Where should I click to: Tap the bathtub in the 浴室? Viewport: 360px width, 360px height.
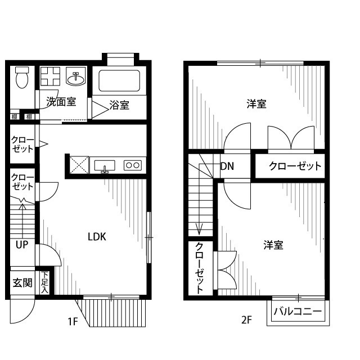pyautogui.click(x=119, y=81)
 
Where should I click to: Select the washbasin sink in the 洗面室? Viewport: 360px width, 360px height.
pyautogui.click(x=75, y=78)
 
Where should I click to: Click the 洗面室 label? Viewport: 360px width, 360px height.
pyautogui.click(x=61, y=102)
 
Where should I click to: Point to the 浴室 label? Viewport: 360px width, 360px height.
pyautogui.click(x=119, y=105)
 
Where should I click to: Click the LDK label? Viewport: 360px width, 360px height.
pyautogui.click(x=97, y=237)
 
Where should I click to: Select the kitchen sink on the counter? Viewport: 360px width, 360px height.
pyautogui.click(x=104, y=165)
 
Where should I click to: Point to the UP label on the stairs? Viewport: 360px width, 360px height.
pyautogui.click(x=22, y=245)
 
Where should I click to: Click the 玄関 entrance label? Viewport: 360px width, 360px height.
pyautogui.click(x=22, y=282)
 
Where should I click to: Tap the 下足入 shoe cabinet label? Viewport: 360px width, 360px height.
pyautogui.click(x=44, y=282)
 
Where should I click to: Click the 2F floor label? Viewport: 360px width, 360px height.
pyautogui.click(x=246, y=321)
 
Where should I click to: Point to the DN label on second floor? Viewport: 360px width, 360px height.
pyautogui.click(x=227, y=166)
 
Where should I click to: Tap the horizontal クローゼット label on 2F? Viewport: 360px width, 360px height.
pyautogui.click(x=294, y=166)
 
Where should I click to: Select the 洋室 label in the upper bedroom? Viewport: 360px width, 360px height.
pyautogui.click(x=256, y=103)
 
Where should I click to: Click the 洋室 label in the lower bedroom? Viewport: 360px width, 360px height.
pyautogui.click(x=273, y=245)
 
